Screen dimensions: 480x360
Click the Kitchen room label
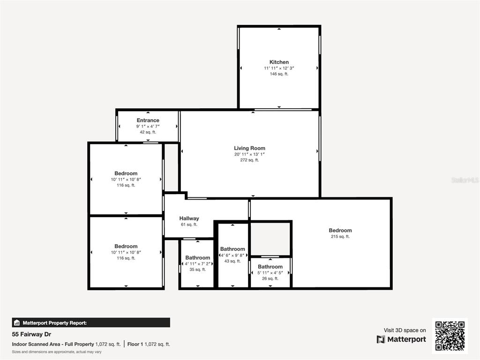[279, 62]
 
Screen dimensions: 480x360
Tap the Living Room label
[249, 148]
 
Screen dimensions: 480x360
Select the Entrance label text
[148, 120]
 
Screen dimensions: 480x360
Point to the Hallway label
[189, 218]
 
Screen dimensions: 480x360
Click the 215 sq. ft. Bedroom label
[340, 230]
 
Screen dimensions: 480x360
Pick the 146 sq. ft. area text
[279, 74]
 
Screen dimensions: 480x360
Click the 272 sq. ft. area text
[249, 160]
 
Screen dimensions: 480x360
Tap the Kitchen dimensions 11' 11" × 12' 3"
[279, 68]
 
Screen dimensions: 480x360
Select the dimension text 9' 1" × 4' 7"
[148, 126]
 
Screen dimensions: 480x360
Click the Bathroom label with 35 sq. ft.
[197, 258]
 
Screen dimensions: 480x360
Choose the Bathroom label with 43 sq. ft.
[232, 249]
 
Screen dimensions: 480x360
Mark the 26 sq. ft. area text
[270, 278]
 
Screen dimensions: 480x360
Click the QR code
[450, 336]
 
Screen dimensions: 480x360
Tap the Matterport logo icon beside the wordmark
[381, 339]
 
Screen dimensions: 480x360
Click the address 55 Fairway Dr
[31, 334]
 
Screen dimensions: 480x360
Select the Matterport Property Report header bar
[91, 322]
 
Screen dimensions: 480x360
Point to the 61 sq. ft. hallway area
[189, 225]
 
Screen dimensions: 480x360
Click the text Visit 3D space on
[405, 330]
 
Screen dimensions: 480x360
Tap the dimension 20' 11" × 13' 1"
[249, 154]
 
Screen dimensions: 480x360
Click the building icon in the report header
[17, 322]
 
